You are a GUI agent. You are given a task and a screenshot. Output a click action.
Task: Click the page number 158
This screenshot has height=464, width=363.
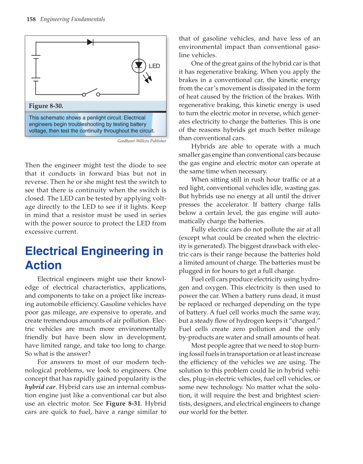coord(31,19)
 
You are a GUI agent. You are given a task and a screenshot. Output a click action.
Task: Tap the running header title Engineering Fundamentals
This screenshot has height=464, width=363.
coord(73,19)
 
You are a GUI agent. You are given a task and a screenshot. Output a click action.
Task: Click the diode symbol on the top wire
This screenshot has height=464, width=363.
coord(90,42)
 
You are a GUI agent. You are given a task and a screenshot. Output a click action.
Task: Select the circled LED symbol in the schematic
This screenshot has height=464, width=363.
coord(138,66)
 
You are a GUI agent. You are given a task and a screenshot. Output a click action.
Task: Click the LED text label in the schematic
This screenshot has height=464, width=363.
coord(154,66)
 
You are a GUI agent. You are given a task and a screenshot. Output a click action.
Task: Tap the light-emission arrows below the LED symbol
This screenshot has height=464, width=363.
coord(147,77)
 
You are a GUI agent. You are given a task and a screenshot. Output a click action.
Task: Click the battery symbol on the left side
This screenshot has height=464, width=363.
coord(36,68)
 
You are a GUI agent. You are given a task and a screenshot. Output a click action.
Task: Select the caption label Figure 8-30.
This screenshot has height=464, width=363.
coord(46,106)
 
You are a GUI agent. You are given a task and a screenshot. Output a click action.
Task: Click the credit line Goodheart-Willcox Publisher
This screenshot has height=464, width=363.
coord(142,141)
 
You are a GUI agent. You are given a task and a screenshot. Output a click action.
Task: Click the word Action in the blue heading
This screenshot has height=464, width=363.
coord(43,265)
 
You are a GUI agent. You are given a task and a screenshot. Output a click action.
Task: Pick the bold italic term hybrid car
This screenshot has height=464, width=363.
coord(40,387)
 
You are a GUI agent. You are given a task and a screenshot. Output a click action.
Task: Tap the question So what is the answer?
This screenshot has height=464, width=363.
coord(58,354)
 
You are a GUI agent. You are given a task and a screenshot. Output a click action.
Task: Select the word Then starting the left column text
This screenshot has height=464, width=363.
coord(32,165)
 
